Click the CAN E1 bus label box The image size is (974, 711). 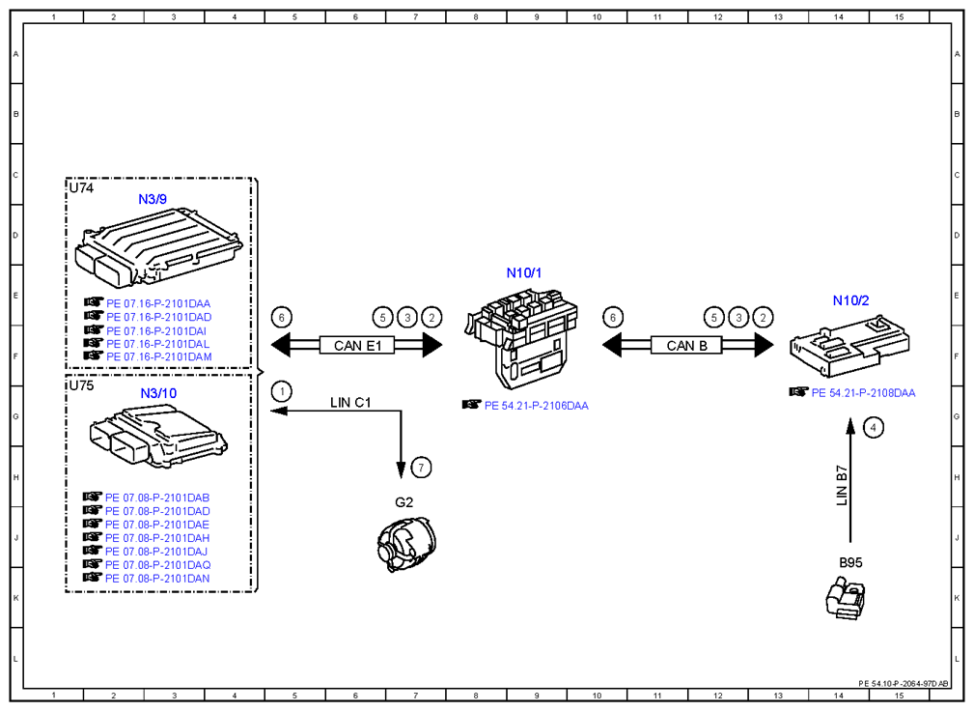(x=357, y=346)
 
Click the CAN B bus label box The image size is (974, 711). (x=686, y=346)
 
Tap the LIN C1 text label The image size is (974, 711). (x=350, y=403)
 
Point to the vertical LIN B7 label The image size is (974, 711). (x=842, y=485)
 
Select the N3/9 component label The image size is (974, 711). (x=153, y=199)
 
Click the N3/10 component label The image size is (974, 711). (x=158, y=393)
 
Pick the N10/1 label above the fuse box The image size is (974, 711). (x=523, y=272)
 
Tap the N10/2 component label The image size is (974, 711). (x=850, y=300)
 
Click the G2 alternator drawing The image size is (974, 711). (x=406, y=545)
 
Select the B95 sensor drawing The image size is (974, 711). (x=846, y=597)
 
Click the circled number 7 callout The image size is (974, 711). (x=421, y=468)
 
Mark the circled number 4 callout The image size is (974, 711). (x=874, y=428)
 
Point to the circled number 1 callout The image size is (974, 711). (x=282, y=391)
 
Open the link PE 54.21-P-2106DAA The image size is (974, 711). (x=536, y=406)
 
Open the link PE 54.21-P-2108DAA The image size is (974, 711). (x=863, y=393)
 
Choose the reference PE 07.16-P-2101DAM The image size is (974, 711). (x=159, y=356)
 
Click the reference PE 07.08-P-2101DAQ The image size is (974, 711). (x=157, y=565)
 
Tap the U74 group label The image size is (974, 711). (x=81, y=187)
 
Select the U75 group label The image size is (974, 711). (x=81, y=385)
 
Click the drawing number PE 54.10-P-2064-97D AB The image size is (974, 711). (x=904, y=684)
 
